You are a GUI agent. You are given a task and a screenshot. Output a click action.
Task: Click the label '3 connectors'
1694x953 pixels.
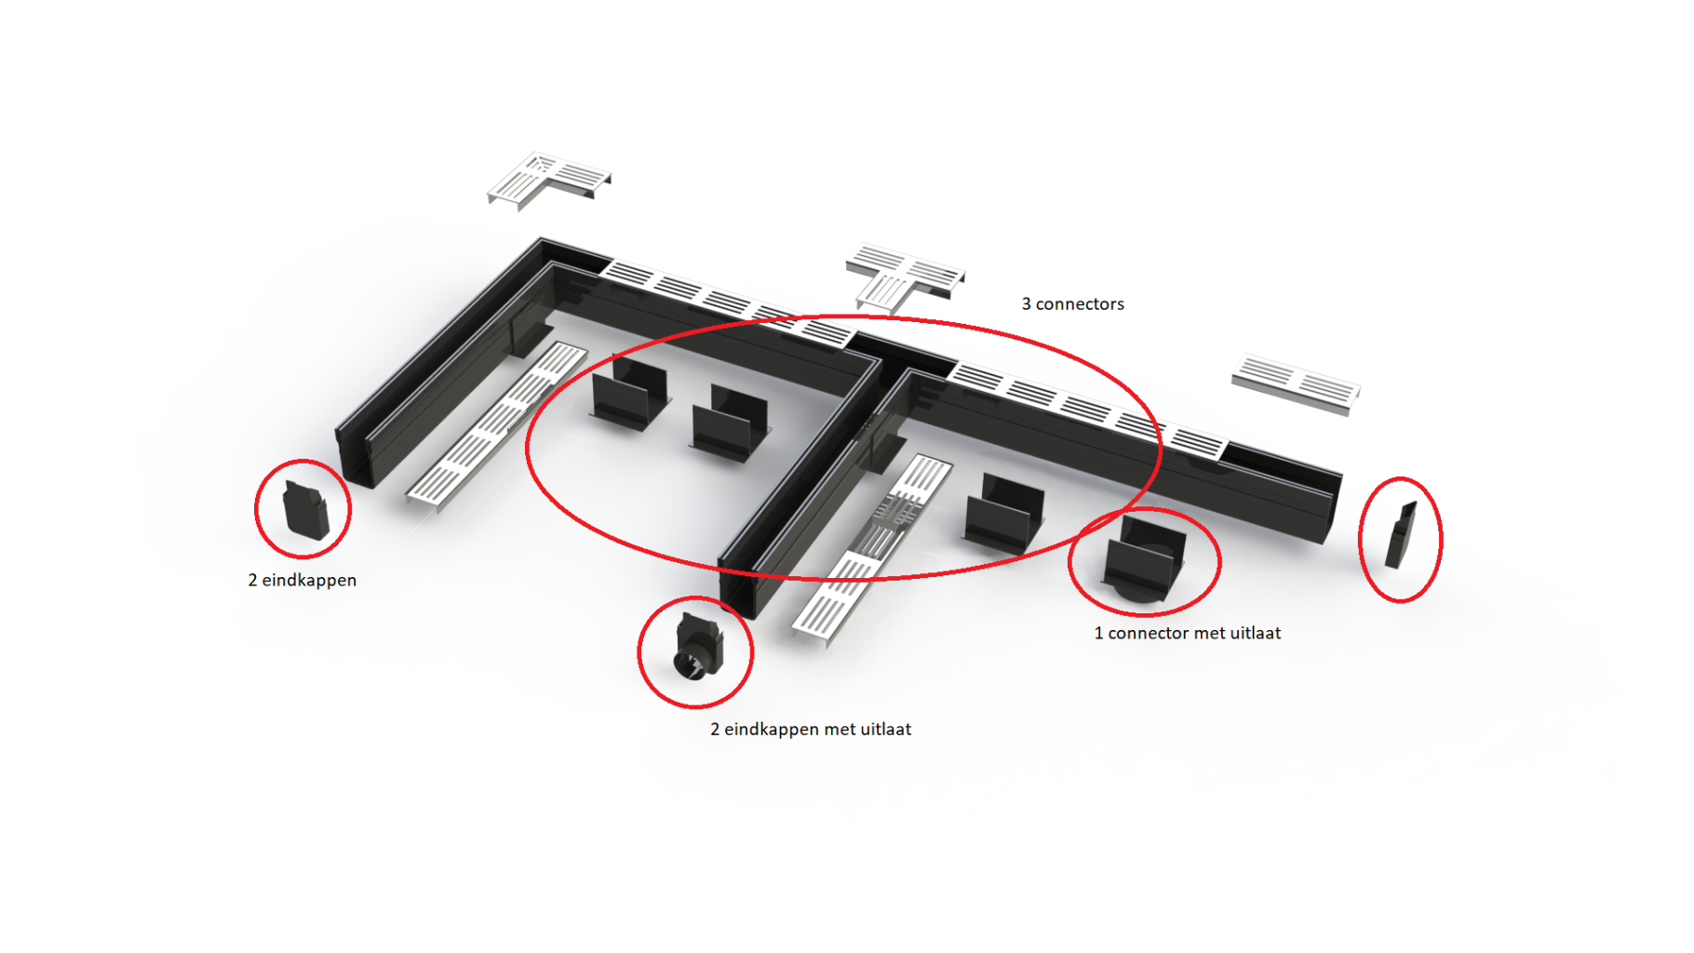[x=1072, y=304]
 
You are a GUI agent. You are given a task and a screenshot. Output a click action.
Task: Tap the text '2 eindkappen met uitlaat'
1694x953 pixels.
[x=811, y=730]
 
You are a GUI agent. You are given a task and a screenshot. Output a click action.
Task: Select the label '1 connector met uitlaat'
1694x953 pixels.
[x=1187, y=634]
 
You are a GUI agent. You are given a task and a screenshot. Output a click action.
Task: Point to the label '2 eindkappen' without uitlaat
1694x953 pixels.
[x=302, y=581]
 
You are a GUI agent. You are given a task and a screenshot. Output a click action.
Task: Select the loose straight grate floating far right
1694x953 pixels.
[x=1296, y=383]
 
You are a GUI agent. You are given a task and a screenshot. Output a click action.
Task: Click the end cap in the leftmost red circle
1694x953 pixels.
[x=305, y=509]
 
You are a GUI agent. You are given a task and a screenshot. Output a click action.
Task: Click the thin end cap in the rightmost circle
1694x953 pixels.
[x=1400, y=535]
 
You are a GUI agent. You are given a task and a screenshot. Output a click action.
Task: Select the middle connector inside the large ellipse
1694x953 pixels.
[x=731, y=423]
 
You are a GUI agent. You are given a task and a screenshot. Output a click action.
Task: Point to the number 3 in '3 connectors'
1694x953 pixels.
[x=1026, y=304]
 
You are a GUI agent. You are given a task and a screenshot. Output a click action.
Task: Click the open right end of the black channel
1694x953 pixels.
[x=1332, y=507]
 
